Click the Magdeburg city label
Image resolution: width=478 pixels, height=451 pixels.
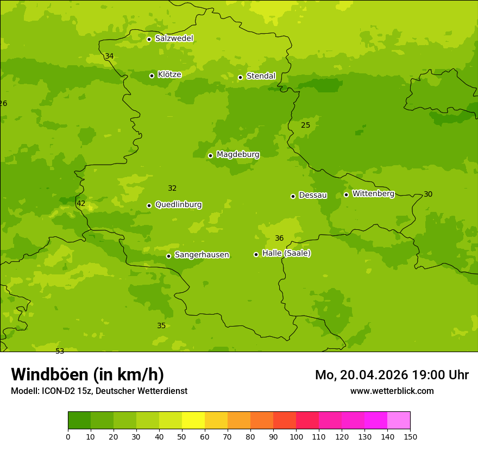[237, 155]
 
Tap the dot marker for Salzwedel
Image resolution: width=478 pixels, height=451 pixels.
[149, 39]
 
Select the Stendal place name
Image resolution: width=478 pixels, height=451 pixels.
[261, 76]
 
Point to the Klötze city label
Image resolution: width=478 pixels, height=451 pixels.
[169, 74]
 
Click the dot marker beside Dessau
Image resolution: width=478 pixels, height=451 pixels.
[293, 196]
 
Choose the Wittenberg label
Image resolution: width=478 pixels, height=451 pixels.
[373, 193]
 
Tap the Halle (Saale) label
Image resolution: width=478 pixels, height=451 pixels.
[286, 253]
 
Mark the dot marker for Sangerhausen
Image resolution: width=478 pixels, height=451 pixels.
[168, 256]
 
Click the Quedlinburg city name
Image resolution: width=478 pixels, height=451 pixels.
[178, 205]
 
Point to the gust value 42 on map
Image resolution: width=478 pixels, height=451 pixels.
[81, 204]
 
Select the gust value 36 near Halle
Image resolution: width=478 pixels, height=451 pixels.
[279, 239]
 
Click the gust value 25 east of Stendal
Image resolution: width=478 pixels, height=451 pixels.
[306, 126]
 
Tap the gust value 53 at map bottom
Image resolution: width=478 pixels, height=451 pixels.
[60, 351]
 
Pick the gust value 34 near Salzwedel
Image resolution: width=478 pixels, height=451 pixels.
[109, 57]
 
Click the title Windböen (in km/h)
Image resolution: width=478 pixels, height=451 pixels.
[87, 374]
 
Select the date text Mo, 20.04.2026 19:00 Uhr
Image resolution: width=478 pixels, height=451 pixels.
[392, 375]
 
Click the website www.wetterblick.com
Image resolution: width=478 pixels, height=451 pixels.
[392, 391]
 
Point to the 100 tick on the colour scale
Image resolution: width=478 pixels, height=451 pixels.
[296, 437]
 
